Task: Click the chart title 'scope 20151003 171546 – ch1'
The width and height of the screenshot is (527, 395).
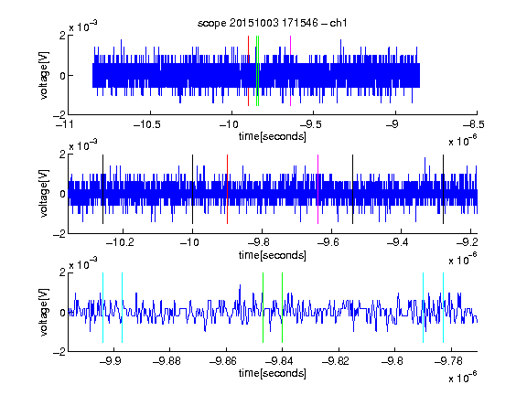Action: [272, 23]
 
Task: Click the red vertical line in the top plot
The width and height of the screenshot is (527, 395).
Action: [248, 71]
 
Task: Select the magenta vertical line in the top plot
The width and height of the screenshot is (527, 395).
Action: [290, 71]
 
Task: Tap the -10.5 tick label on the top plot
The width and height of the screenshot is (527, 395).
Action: [147, 124]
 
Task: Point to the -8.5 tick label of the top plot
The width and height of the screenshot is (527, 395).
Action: [474, 124]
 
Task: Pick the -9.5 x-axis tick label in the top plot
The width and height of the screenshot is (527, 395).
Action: [310, 124]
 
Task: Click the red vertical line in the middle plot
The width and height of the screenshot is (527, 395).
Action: [227, 189]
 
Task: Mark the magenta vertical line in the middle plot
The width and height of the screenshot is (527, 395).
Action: [317, 189]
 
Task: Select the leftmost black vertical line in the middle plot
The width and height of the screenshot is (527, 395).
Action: [102, 189]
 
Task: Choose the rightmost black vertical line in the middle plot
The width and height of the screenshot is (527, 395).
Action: [443, 189]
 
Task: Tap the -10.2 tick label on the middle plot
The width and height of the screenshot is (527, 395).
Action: [120, 242]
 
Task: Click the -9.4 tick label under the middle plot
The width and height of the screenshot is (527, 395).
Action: [398, 242]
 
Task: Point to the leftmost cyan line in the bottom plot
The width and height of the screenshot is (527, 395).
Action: [102, 307]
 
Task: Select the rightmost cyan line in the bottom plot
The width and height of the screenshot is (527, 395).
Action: [443, 307]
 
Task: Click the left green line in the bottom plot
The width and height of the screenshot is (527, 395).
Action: [263, 307]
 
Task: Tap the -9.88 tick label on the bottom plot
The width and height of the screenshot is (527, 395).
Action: [167, 361]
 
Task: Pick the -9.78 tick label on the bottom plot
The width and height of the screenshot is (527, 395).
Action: [448, 361]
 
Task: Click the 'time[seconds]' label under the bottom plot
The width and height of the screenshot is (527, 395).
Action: [273, 373]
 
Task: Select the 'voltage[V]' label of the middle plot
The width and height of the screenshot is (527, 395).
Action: [44, 194]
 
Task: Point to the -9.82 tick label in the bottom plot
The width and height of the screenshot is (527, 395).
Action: [336, 361]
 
